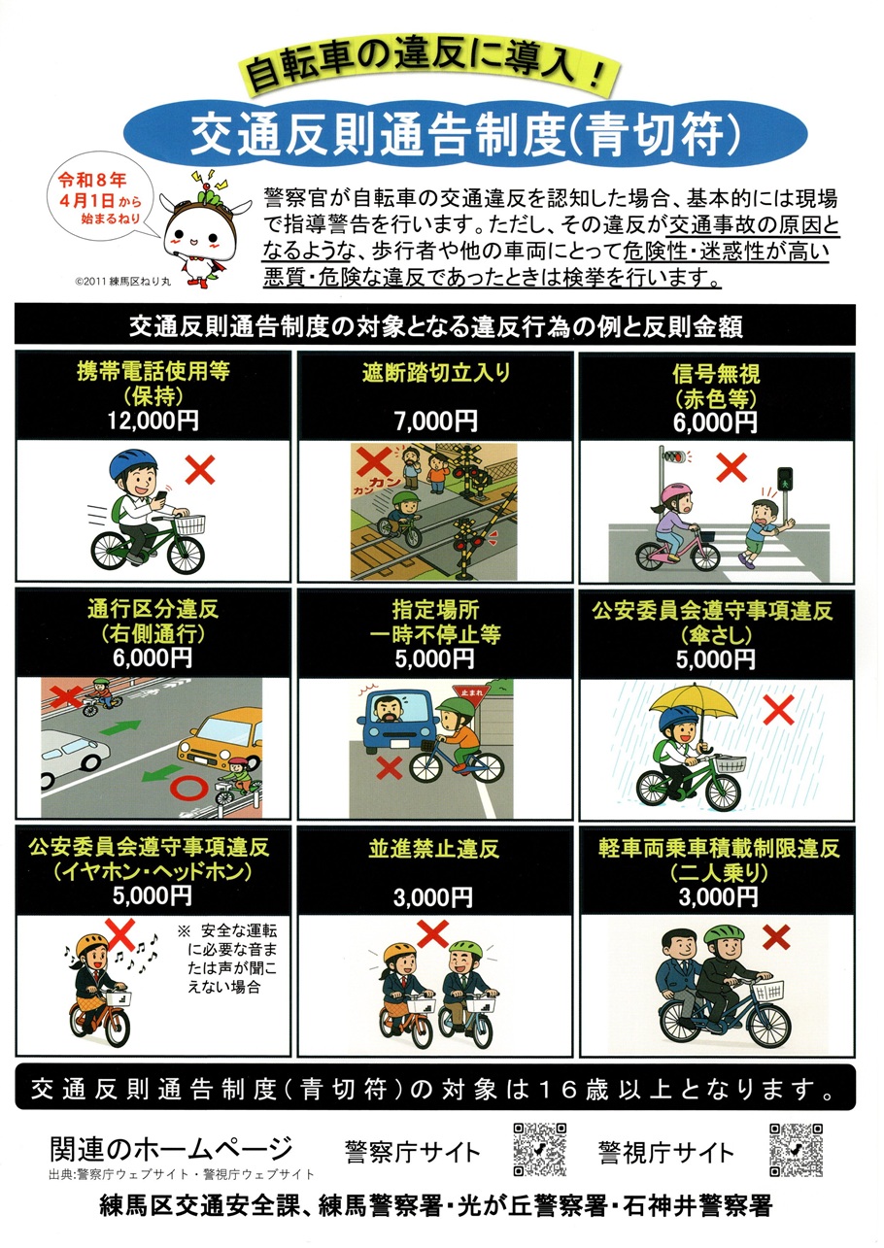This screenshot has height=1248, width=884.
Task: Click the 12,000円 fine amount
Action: (153, 421)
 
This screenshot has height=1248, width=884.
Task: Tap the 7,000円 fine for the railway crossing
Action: (436, 422)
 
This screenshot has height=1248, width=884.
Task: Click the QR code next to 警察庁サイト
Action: (539, 1149)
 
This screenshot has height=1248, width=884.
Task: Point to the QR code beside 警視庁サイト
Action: (796, 1149)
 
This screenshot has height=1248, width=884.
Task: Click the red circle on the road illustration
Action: (188, 788)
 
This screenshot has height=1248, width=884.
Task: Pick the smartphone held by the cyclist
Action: (161, 495)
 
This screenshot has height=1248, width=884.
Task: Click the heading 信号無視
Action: (716, 373)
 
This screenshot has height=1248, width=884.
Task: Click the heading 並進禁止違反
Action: (433, 849)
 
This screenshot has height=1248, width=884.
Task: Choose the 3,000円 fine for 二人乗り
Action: (718, 897)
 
